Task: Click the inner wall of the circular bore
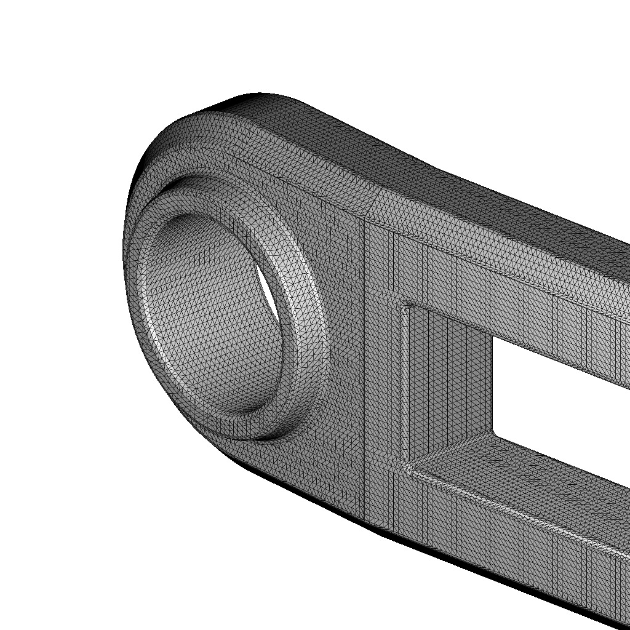coord(209,308)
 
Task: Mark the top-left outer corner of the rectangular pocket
coord(404,303)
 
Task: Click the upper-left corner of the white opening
coord(492,335)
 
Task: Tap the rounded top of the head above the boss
coord(246,123)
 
